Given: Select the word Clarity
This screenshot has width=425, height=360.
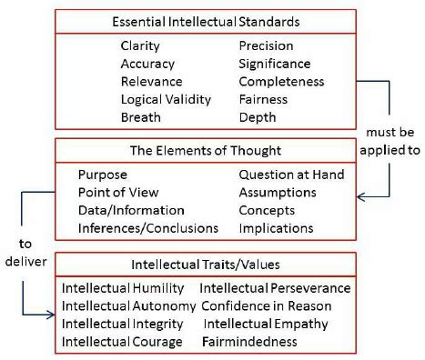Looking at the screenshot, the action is coord(139,45).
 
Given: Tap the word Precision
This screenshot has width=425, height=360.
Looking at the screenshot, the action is coord(267,45).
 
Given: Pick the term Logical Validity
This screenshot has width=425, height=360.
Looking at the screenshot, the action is coord(166,99).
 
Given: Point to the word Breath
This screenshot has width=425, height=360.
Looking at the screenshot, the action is coord(140,117).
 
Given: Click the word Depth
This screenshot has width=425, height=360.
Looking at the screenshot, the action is coord(258,117).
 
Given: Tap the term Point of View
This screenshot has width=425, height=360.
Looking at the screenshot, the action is coord(118,192).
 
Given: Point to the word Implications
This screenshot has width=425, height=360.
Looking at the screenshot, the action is coord(276,227).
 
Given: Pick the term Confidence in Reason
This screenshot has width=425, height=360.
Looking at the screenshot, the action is coord(267,305).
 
